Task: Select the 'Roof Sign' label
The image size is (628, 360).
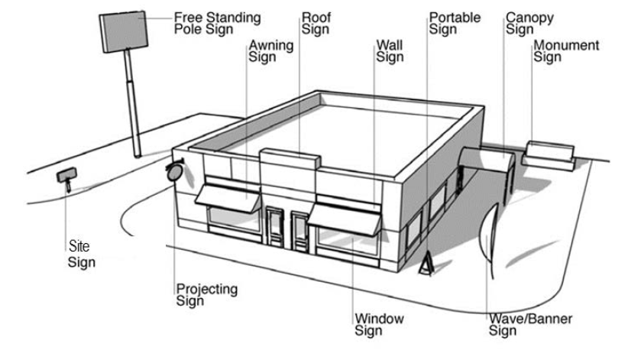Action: coord(315,21)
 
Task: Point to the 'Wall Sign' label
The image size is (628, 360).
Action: coord(389,50)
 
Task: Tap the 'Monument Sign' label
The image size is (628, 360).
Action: coord(566,50)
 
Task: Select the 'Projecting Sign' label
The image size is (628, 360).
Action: coord(206,294)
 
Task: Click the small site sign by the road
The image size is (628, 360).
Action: coord(66,176)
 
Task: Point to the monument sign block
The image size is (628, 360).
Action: coord(549,153)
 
